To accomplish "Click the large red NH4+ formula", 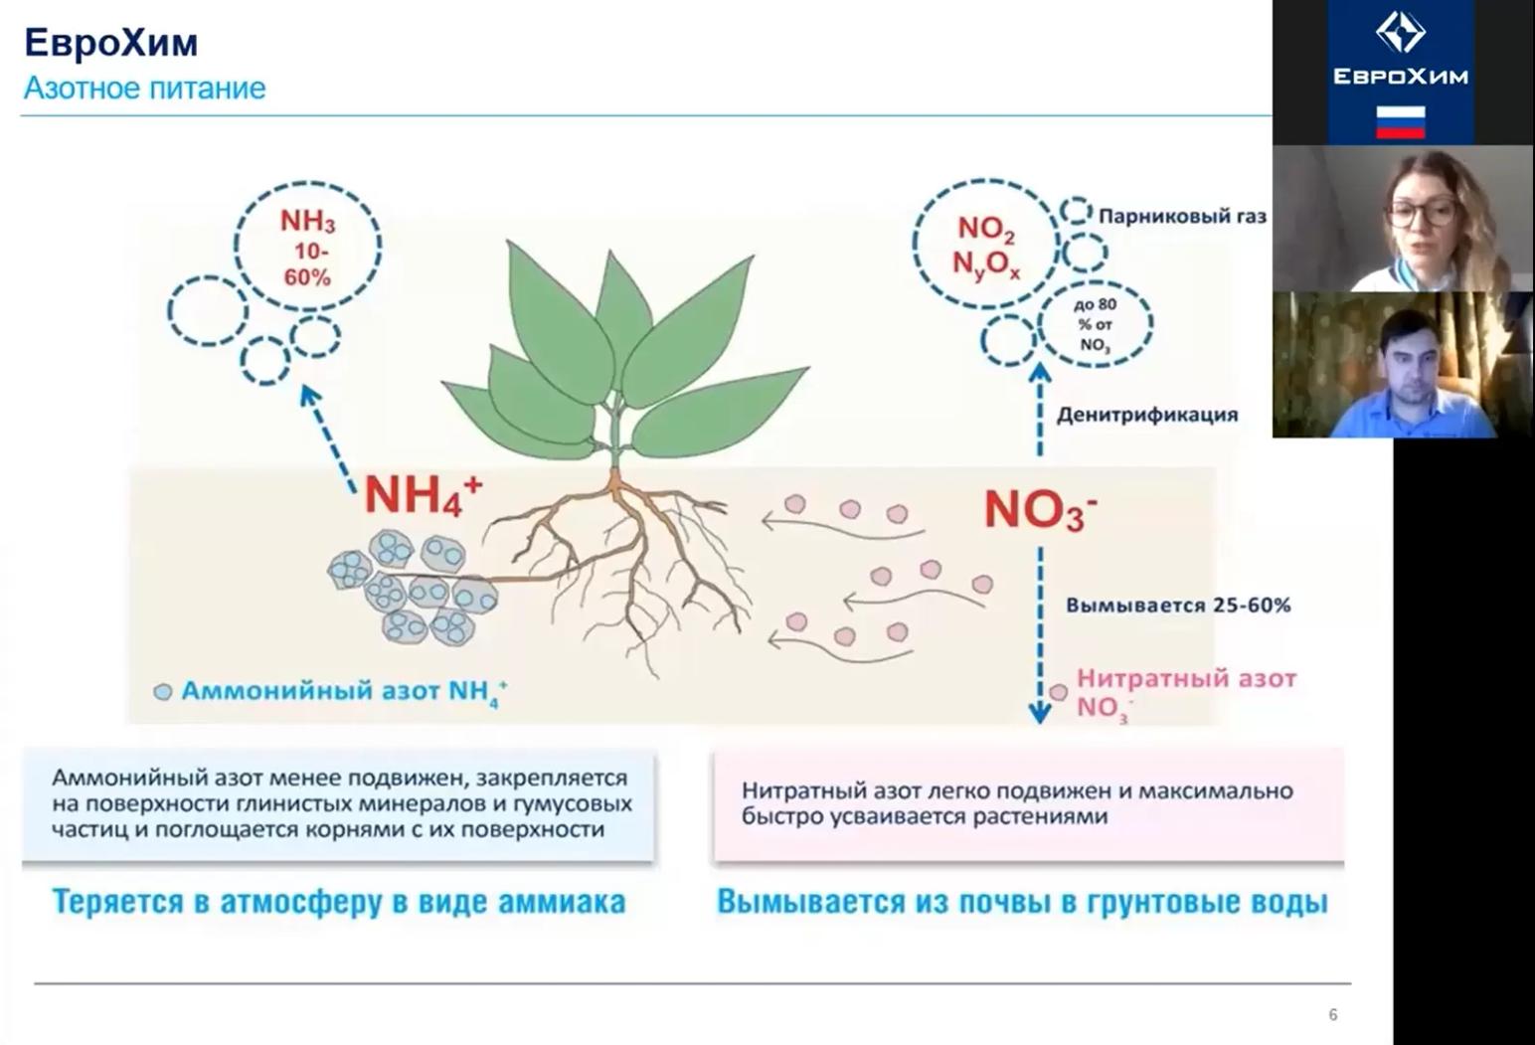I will pyautogui.click(x=422, y=494).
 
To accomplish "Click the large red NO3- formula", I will pyautogui.click(x=1039, y=509).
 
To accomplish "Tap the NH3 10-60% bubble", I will pyautogui.click(x=307, y=247).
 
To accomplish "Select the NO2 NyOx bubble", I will pyautogui.click(x=985, y=246).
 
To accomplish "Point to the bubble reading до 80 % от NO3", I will pyautogui.click(x=1095, y=324).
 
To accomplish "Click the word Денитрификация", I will pyautogui.click(x=1146, y=415).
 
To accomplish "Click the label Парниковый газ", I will pyautogui.click(x=1182, y=216).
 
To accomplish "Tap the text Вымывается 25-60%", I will pyautogui.click(x=1178, y=605).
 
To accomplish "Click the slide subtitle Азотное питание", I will pyautogui.click(x=144, y=88).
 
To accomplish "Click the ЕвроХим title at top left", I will pyautogui.click(x=110, y=43).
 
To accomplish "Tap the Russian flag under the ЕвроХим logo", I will pyautogui.click(x=1400, y=122).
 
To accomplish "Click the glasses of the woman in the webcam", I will pyautogui.click(x=1423, y=212).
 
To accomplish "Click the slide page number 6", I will pyautogui.click(x=1332, y=1014).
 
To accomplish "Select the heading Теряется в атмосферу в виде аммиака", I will pyautogui.click(x=338, y=902).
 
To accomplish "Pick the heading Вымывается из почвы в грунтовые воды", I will pyautogui.click(x=1022, y=902).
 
